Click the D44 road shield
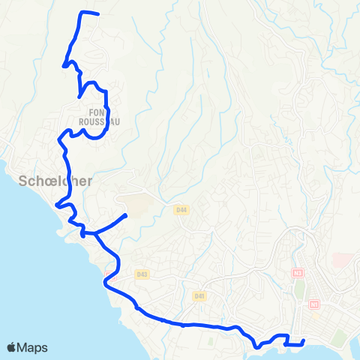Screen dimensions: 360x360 pyautogui.click(x=180, y=211)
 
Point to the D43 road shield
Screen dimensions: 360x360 pyautogui.click(x=143, y=274)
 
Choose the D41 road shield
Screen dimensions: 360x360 pyautogui.click(x=199, y=296)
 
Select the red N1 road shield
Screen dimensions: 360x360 pyautogui.click(x=313, y=304)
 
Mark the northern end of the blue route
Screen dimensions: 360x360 pyautogui.click(x=98, y=14)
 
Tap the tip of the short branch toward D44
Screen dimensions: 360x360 pyautogui.click(x=125, y=215)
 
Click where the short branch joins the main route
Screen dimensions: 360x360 pyautogui.click(x=95, y=234)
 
